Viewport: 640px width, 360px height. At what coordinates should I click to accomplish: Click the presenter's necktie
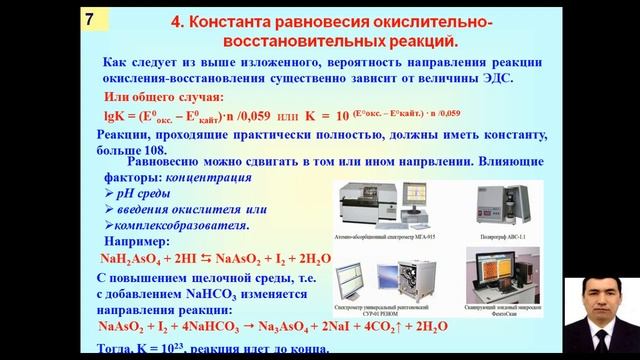[599, 344]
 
